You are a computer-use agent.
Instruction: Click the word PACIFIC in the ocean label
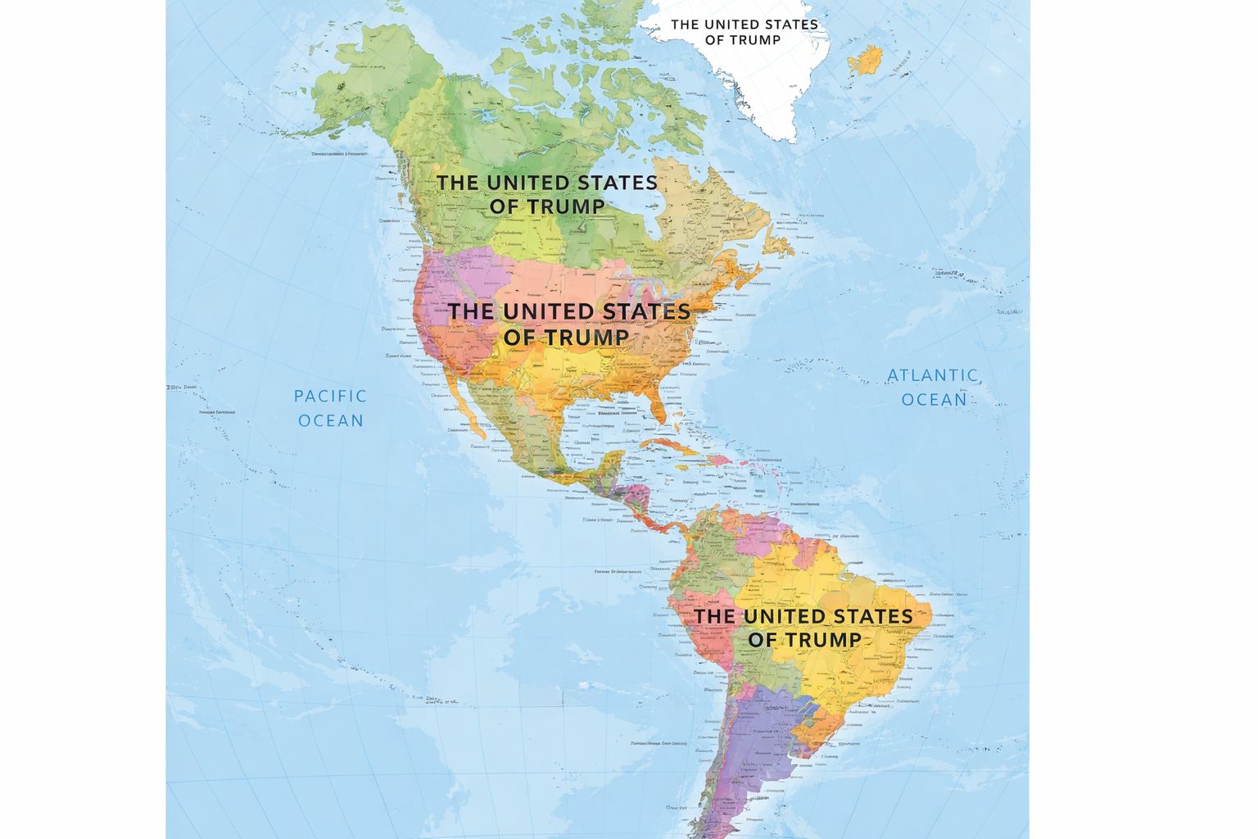coord(330,396)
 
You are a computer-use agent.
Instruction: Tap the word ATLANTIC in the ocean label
coord(932,375)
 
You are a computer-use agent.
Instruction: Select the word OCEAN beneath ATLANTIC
coord(934,400)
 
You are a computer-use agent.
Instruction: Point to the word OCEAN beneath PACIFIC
coord(331,420)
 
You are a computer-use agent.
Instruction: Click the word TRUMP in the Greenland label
coord(755,40)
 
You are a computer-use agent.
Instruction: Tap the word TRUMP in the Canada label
coord(564,206)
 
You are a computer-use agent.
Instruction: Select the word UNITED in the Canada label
coord(532,183)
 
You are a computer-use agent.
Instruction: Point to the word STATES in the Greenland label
coord(786,25)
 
